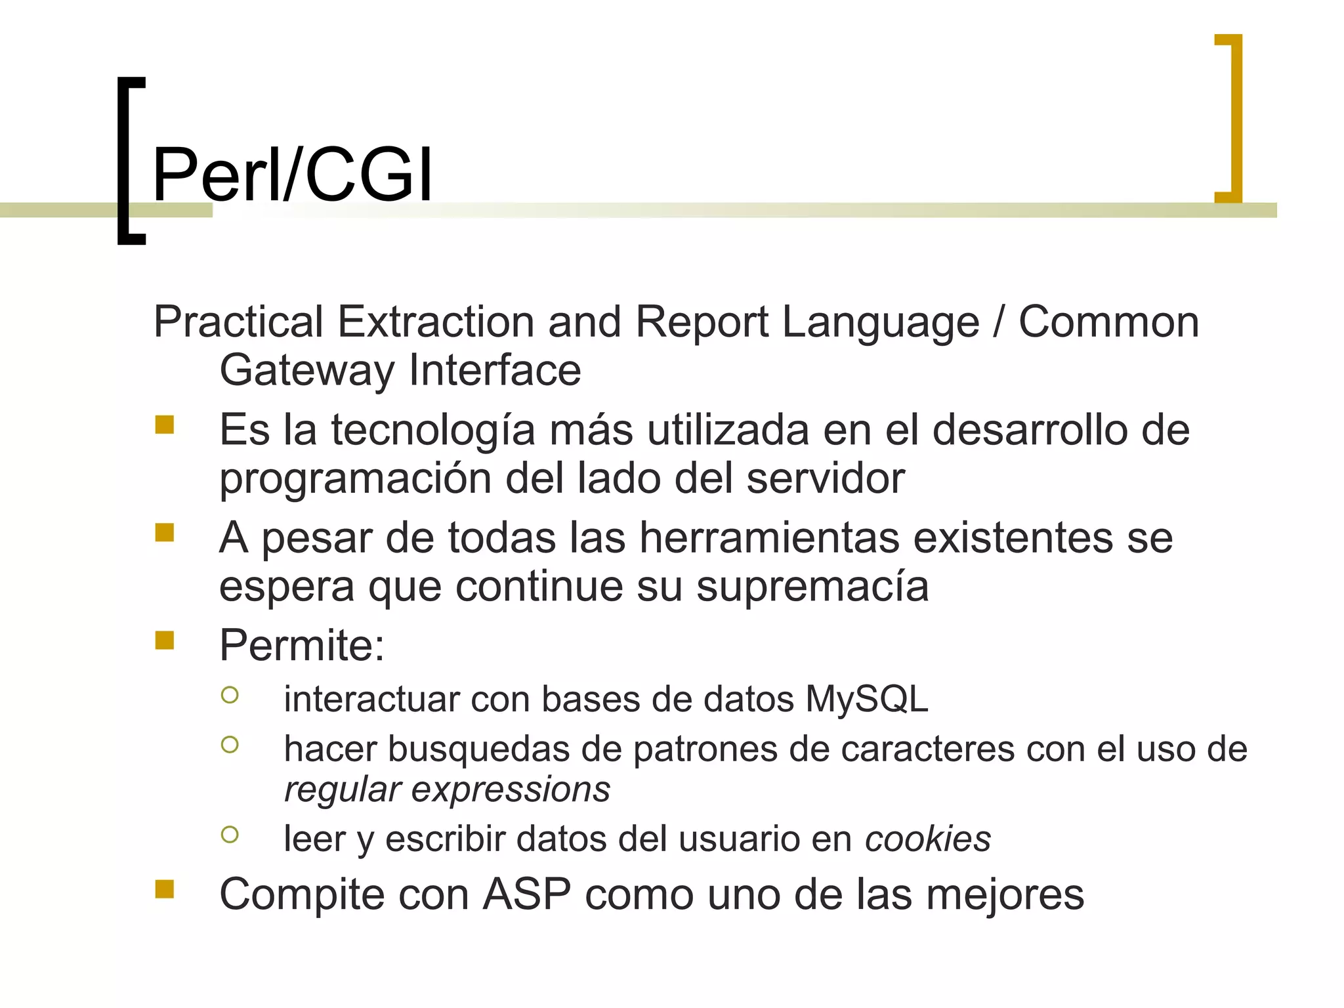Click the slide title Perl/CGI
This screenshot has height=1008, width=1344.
click(293, 175)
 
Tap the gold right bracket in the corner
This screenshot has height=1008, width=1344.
click(1234, 118)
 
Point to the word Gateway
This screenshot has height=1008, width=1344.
click(306, 370)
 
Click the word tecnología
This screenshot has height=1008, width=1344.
click(432, 431)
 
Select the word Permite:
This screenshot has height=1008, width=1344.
click(302, 645)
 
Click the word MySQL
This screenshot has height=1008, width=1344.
click(866, 699)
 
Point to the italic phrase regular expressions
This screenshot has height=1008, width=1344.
click(447, 789)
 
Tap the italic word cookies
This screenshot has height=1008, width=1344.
click(927, 839)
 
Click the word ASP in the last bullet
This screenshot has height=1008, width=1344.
click(526, 894)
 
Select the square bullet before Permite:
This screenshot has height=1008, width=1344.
click(165, 640)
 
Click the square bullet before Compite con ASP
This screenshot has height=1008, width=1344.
click(165, 889)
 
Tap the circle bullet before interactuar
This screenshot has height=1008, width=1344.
click(230, 695)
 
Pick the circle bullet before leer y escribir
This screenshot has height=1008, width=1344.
click(230, 835)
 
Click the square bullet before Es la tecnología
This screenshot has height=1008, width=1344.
click(165, 425)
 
